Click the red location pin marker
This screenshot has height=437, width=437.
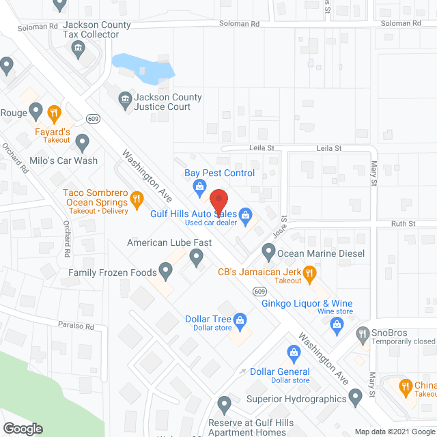[218, 199]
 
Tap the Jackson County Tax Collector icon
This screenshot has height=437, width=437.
[79, 48]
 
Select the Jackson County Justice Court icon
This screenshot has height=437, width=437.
[126, 102]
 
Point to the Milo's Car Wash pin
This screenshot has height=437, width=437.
[83, 143]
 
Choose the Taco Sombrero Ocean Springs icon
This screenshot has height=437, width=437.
[137, 200]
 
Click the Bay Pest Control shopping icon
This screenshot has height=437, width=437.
[199, 186]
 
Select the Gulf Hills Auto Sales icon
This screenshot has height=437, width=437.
[244, 213]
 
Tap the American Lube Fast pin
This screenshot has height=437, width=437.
[197, 257]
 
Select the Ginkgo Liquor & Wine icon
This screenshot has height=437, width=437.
[337, 326]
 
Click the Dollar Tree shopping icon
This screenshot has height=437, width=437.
[240, 319]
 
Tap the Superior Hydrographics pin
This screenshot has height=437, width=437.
[355, 395]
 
